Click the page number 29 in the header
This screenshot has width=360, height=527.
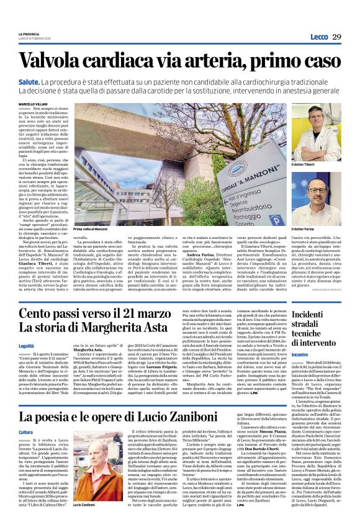click(336, 37)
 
